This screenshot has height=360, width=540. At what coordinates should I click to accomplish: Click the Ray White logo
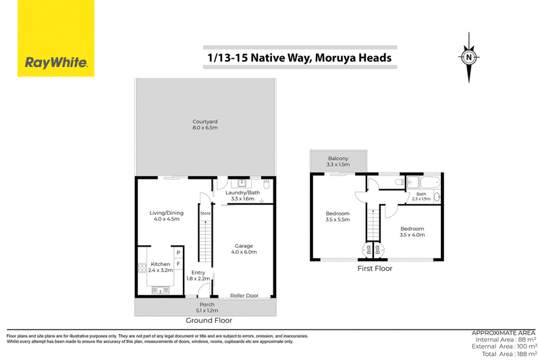coord(56,38)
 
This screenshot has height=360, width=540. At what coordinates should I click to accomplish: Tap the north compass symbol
coord(468,57)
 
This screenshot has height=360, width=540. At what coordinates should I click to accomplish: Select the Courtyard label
coord(205,122)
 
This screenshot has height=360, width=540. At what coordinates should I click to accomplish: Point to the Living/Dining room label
coord(166,213)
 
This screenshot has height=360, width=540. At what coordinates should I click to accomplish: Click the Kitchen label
coord(161,264)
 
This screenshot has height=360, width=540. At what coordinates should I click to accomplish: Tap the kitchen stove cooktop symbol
coord(142,268)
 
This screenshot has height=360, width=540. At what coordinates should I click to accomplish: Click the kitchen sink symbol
coord(161,290)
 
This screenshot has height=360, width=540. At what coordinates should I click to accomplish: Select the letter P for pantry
coord(178,253)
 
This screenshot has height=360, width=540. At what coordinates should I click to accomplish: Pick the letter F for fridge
coord(178,264)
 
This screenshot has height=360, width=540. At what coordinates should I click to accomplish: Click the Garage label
coord(244,246)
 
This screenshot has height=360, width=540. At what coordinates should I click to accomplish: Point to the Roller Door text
coord(244,296)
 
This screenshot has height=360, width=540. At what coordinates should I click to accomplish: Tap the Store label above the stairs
coord(205,213)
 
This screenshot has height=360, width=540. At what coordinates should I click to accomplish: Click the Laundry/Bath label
coord(242,192)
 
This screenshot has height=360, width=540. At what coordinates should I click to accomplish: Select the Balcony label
coord(338,159)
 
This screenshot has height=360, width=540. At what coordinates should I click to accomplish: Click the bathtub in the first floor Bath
coord(430,182)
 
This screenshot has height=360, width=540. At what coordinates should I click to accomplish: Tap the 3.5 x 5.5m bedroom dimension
coord(338,220)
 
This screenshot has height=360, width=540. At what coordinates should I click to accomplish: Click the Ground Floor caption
coord(209,320)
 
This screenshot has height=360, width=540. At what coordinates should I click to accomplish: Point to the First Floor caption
coord(375,268)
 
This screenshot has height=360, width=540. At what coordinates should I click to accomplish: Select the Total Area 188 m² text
coord(510,354)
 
